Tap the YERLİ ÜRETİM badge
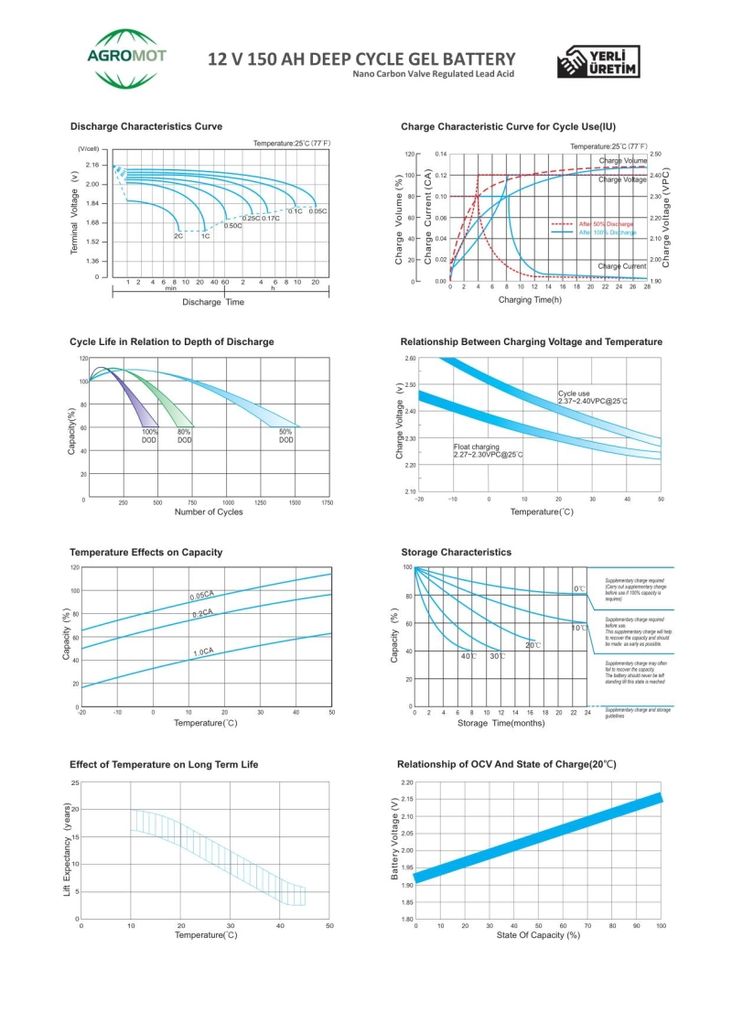(x=600, y=61)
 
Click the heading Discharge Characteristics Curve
(x=145, y=126)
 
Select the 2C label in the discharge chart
(x=178, y=236)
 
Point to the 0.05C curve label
(x=318, y=211)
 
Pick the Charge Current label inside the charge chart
(x=622, y=266)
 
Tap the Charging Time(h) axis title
(x=530, y=299)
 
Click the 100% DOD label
(x=149, y=436)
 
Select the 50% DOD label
(x=286, y=436)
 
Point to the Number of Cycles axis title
(x=209, y=512)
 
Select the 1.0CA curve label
(x=202, y=652)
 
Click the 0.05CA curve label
(x=201, y=596)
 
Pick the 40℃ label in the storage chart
(x=468, y=656)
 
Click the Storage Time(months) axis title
(x=501, y=723)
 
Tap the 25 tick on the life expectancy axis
(x=75, y=783)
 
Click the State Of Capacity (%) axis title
(x=538, y=935)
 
